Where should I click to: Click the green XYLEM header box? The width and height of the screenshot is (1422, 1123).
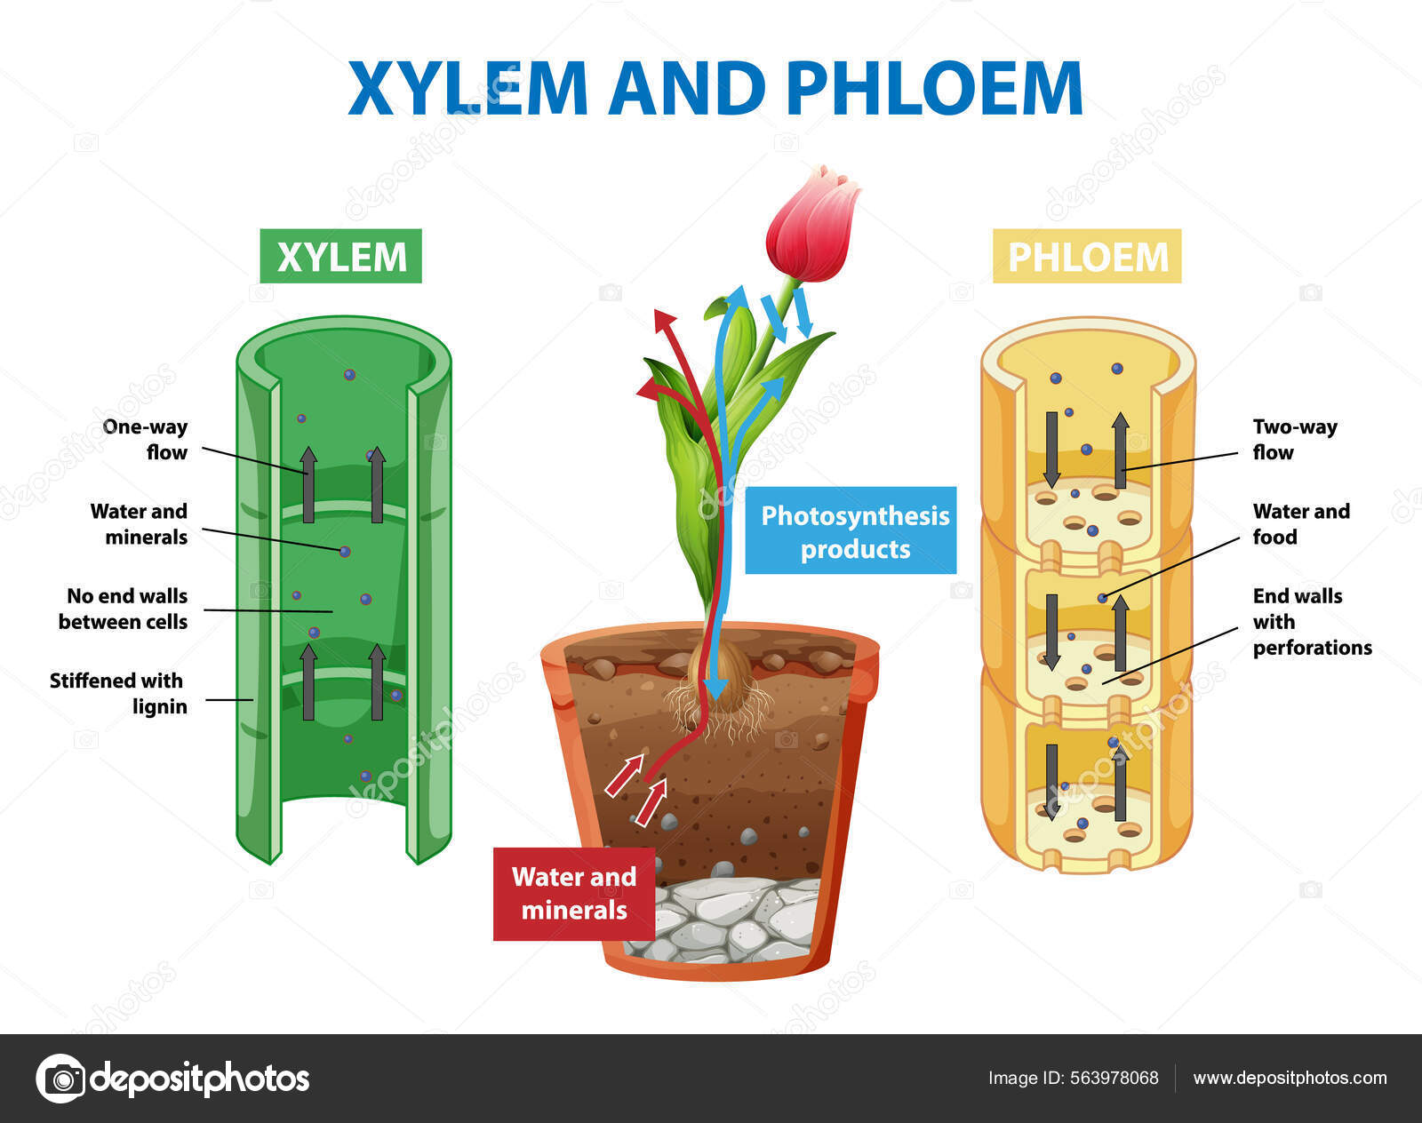(340, 257)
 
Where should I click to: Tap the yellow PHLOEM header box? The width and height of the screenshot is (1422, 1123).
(1087, 257)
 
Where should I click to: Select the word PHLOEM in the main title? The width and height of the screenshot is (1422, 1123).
(934, 89)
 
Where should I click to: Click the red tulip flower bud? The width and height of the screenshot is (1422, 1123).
(812, 226)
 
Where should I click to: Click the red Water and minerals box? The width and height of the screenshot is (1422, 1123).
(574, 894)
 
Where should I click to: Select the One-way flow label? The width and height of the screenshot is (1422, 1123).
(146, 439)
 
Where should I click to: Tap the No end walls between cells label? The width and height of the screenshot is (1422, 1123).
(124, 609)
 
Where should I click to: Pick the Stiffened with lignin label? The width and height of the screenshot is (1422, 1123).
(118, 693)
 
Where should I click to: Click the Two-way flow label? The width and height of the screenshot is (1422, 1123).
(1294, 439)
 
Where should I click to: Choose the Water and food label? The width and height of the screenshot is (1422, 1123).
(1300, 523)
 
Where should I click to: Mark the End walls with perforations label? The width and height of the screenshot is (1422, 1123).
(1311, 621)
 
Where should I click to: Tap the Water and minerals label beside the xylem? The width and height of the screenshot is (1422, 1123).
(140, 523)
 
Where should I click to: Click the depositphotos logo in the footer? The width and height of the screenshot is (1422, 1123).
(173, 1079)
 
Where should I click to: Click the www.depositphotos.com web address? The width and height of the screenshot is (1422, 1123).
(1290, 1078)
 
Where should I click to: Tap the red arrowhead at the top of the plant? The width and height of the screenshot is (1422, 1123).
(662, 320)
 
